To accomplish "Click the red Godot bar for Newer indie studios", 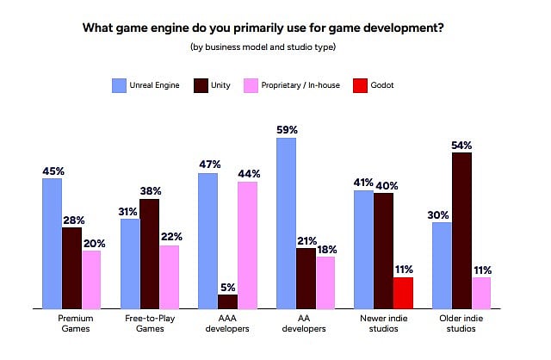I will [403, 292].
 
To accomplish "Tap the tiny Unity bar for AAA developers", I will [227, 301].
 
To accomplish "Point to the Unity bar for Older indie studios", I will [461, 230].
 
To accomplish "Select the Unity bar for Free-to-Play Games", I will [149, 252].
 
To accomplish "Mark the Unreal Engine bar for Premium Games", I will [52, 242].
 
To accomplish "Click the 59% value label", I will [286, 130].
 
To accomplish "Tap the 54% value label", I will [461, 145].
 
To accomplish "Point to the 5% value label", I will [227, 286].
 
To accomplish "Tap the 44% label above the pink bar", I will [249, 173].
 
